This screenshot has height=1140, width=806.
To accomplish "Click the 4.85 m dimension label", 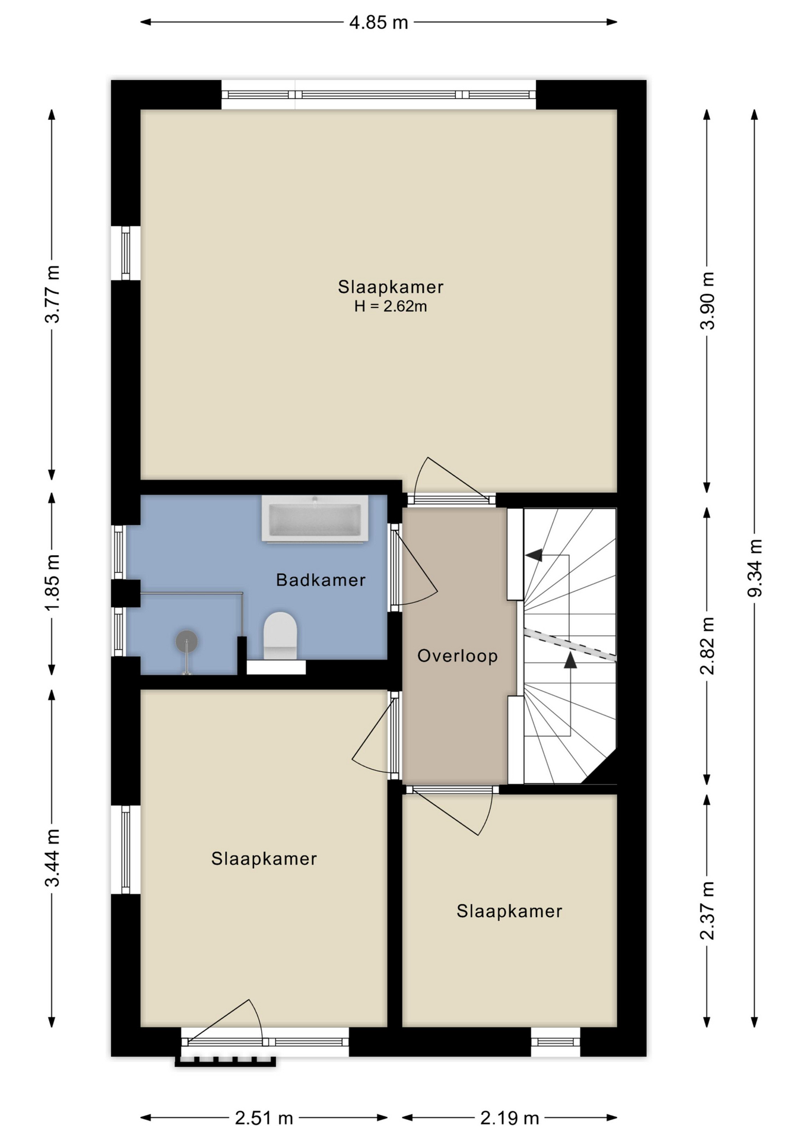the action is tap(379, 23).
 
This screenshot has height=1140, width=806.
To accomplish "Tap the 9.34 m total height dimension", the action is tap(755, 568).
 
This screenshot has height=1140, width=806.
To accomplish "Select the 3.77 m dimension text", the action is tap(52, 294).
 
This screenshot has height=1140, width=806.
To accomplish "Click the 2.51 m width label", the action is tap(264, 1119).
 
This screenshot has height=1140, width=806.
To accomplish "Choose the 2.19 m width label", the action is tap(509, 1119).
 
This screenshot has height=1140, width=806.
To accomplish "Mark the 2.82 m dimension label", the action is tap(707, 645).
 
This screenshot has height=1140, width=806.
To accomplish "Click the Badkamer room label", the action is tap(321, 580).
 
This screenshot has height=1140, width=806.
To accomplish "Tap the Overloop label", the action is tap(458, 656).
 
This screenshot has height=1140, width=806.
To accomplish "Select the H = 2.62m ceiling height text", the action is tap(391, 306).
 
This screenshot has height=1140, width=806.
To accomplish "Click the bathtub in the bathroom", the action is tap(315, 519).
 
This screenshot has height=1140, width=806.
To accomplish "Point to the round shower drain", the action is tap(186, 641).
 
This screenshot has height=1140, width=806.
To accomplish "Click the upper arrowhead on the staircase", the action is tap(534, 555).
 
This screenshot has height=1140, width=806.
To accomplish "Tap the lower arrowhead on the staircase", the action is tap(570, 660).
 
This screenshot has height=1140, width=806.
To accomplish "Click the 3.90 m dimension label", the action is tap(707, 300).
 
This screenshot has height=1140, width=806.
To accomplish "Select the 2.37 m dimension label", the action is tap(707, 910).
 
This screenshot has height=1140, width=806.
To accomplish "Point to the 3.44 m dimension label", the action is tap(52, 857).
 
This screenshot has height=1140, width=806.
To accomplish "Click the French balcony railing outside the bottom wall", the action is tap(225, 1062).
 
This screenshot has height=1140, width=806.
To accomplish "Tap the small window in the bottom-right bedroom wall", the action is tap(555, 1042).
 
